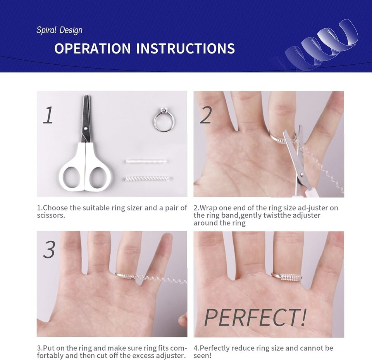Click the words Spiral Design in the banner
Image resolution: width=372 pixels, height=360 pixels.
(59, 30)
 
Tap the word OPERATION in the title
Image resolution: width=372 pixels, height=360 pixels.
(93, 48)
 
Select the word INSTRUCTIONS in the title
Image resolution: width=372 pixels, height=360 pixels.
(186, 48)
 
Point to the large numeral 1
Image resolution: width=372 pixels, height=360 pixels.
(48, 115)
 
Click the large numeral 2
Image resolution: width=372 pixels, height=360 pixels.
(206, 115)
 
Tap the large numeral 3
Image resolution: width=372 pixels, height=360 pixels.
(49, 250)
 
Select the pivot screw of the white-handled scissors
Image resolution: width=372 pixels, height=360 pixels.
(86, 128)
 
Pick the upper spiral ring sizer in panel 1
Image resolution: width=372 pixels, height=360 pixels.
(146, 162)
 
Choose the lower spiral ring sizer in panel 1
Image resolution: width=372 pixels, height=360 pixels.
(147, 179)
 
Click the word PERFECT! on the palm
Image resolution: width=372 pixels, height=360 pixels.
(255, 317)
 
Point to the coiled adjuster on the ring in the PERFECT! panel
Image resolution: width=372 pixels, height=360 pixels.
(290, 277)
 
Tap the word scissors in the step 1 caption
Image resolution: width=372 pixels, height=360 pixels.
(51, 215)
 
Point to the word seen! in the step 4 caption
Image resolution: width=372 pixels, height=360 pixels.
(202, 355)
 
